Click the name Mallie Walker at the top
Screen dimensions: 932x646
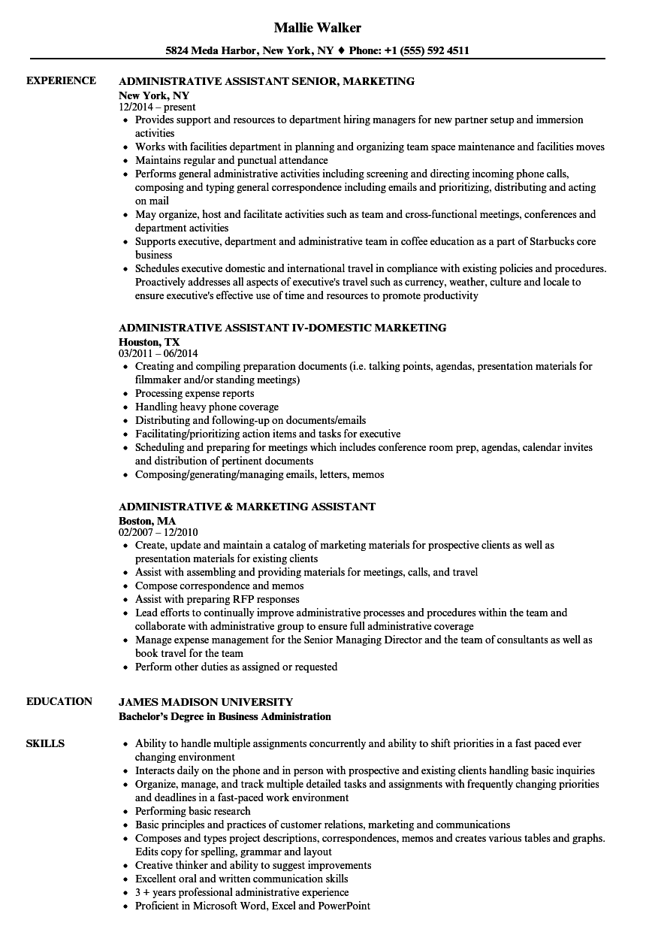[317, 28]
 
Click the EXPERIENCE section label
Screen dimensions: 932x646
[61, 80]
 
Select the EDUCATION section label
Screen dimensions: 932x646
[59, 701]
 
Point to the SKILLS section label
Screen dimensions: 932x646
[45, 743]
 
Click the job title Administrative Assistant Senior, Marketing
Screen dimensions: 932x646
[267, 81]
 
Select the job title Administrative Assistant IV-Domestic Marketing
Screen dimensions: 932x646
[282, 328]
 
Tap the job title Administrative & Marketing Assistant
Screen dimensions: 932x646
[247, 507]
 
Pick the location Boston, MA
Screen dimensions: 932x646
[147, 520]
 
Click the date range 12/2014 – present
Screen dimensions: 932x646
[157, 107]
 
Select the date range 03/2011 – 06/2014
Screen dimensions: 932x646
[158, 353]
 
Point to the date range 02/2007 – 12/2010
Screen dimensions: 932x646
[158, 532]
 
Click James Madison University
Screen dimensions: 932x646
[206, 702]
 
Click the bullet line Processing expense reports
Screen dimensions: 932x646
[195, 393]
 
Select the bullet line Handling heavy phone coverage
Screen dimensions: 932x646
[207, 407]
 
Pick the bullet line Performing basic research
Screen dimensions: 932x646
[193, 811]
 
